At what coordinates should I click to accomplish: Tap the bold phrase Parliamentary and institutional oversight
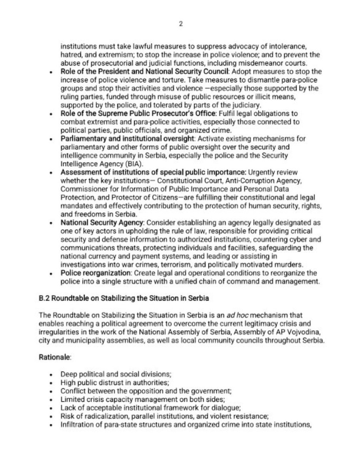click(x=127, y=139)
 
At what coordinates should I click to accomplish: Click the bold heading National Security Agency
click(x=102, y=223)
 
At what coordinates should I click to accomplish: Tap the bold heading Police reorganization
click(x=95, y=273)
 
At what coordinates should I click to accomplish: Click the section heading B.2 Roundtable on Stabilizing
click(x=124, y=298)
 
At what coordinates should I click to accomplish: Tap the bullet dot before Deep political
click(x=52, y=374)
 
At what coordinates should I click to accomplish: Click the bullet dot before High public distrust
click(x=52, y=383)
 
